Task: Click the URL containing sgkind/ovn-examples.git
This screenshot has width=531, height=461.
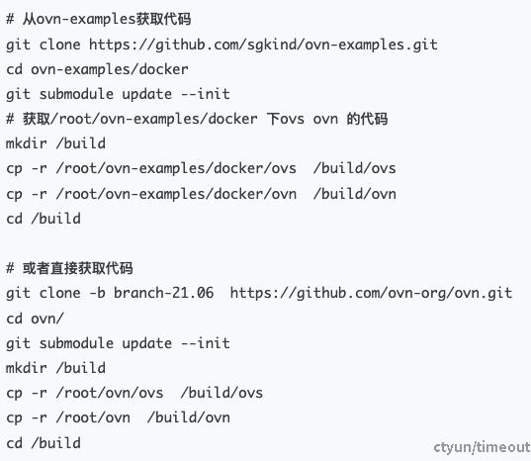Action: [x=263, y=46]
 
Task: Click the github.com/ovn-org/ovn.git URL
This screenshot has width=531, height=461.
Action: [x=371, y=294]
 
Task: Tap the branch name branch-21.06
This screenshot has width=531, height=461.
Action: [x=163, y=293]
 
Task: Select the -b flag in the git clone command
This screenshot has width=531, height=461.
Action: [x=98, y=293]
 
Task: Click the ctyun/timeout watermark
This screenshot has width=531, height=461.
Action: [x=482, y=447]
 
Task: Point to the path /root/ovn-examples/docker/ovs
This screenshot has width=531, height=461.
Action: [x=176, y=168]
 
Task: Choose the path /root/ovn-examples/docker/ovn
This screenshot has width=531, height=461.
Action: [x=176, y=194]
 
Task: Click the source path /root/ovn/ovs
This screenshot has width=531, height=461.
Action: [x=110, y=393]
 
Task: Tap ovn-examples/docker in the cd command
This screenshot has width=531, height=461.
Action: [x=110, y=70]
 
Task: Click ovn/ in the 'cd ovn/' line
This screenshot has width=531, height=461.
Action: [x=47, y=319]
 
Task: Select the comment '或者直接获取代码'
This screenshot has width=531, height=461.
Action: [x=77, y=268]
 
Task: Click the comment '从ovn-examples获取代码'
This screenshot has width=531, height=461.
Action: [x=107, y=20]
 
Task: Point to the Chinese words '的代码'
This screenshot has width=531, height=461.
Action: [x=367, y=119]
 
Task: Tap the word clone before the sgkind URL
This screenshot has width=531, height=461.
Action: [x=59, y=45]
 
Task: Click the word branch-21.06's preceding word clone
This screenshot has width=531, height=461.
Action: [x=59, y=293]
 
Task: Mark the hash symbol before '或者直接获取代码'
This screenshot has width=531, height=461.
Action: [x=10, y=268]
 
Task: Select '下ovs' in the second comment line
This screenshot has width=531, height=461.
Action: [x=286, y=119]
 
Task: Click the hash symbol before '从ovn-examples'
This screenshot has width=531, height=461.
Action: [x=10, y=20]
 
